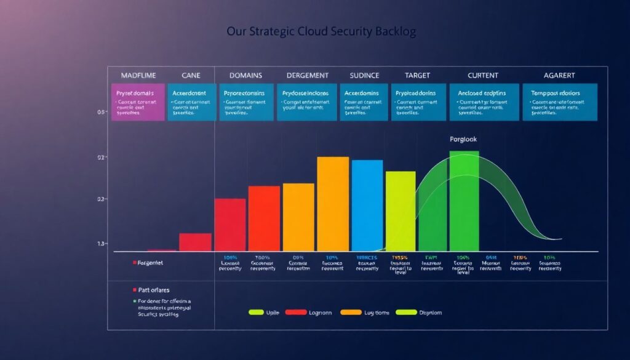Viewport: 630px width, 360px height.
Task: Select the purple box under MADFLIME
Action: click(138, 102)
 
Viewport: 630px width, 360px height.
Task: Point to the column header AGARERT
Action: click(559, 76)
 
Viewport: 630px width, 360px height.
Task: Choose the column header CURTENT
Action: click(482, 76)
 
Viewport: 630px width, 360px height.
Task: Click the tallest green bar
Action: click(463, 201)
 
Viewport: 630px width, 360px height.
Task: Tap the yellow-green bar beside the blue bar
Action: click(401, 210)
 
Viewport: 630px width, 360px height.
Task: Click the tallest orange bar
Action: click(333, 204)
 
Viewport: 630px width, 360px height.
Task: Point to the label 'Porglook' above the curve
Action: click(463, 140)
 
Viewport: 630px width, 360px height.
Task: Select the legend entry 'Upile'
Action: click(271, 313)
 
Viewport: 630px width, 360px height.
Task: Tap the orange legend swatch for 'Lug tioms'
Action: click(350, 313)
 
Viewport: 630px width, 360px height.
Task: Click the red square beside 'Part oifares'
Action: click(134, 289)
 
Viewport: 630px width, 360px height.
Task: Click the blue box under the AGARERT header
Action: click(559, 102)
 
